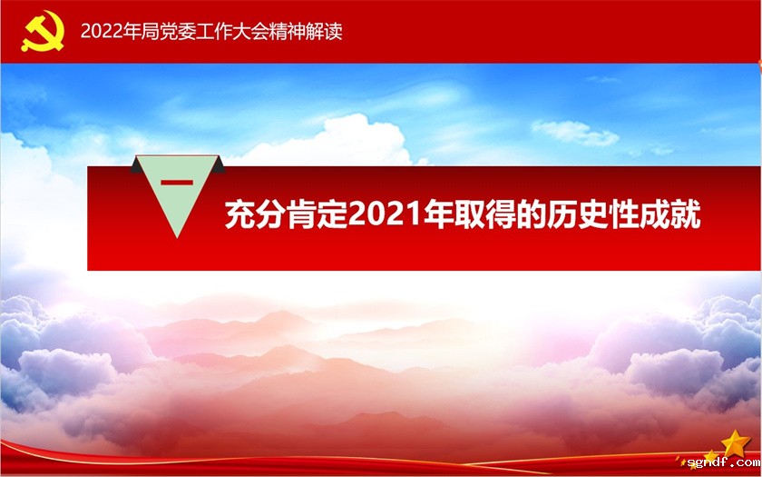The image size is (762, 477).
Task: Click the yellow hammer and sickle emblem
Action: (37, 33)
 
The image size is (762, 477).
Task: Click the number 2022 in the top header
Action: (100, 31)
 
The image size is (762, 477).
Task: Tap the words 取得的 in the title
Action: (504, 215)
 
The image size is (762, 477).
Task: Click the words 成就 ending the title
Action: (673, 215)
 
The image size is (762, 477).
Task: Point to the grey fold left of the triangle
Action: (135, 165)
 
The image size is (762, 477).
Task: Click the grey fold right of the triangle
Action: (219, 165)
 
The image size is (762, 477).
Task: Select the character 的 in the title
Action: (534, 215)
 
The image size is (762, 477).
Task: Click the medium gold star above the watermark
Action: (711, 454)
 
